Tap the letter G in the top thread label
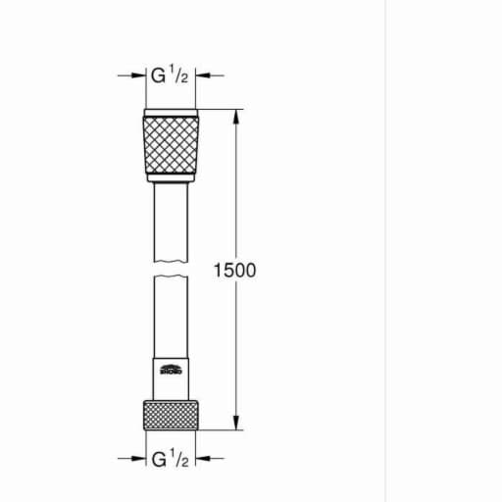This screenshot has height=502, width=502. point(157,75)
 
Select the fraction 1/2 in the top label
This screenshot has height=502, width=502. point(179,74)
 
